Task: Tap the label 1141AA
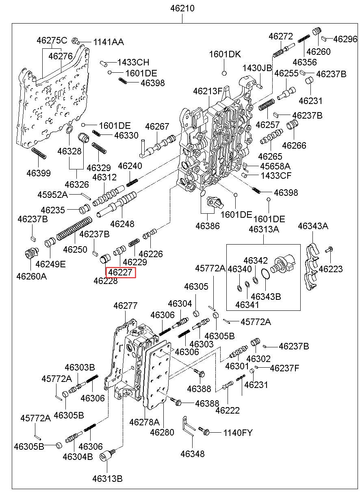108,42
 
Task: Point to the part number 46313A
264,229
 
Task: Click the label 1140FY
238,433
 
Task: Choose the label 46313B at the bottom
107,479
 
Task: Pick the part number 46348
193,454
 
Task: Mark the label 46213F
208,91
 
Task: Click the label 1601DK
225,54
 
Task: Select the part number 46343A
313,226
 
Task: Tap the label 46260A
31,276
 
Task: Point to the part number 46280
162,432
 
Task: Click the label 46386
207,226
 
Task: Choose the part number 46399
39,173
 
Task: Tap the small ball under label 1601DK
223,73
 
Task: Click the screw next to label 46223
329,249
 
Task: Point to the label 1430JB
258,68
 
